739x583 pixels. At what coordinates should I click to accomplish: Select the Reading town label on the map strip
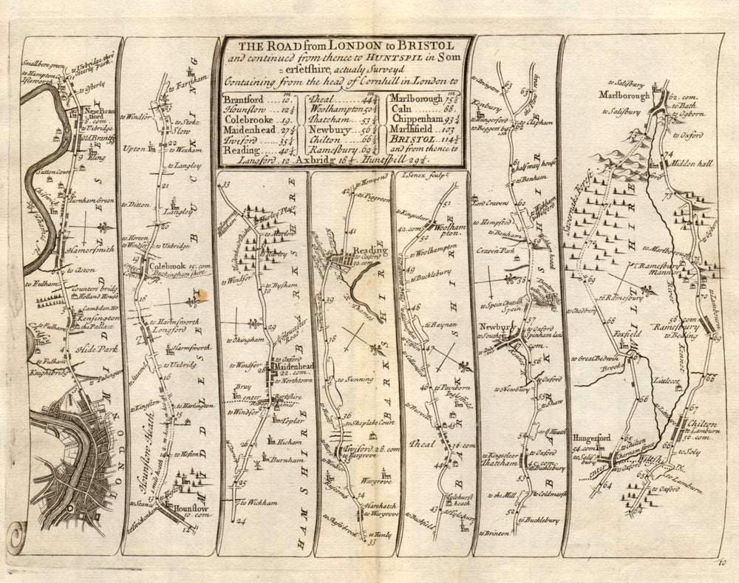(369, 250)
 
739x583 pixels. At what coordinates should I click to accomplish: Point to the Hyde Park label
(79, 345)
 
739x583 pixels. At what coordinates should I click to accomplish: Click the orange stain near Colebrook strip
(198, 297)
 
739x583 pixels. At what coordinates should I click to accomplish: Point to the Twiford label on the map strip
(353, 449)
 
